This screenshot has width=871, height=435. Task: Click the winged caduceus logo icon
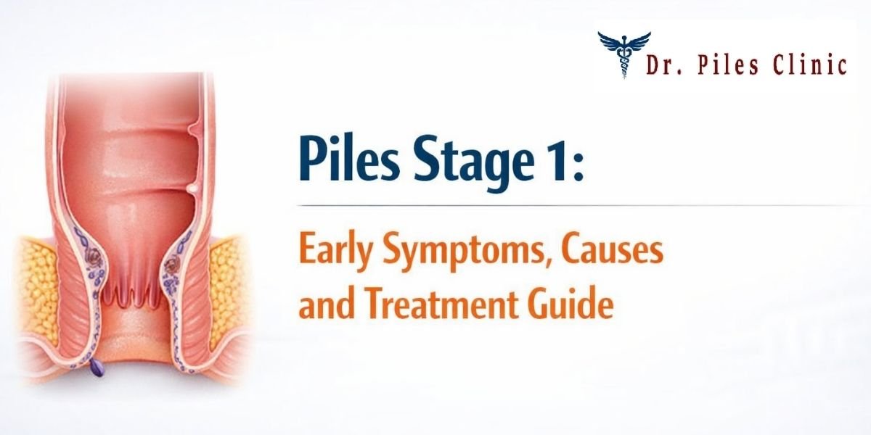point(623,53)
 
